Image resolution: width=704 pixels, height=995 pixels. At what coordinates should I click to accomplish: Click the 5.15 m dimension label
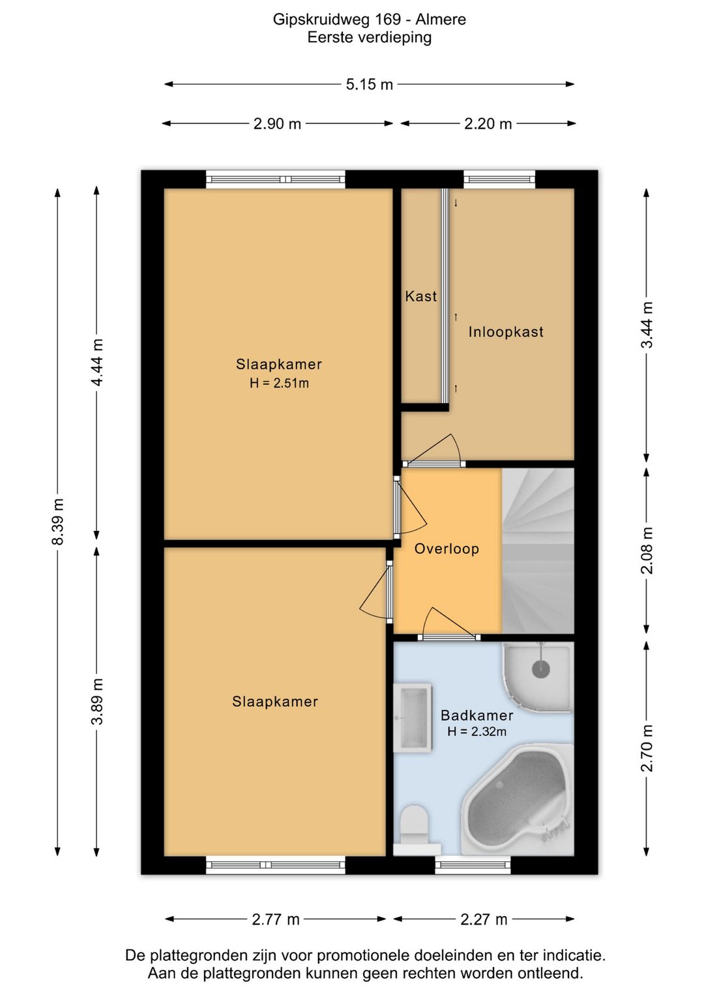click(x=369, y=84)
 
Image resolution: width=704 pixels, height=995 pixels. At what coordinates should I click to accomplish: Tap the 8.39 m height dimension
click(x=58, y=521)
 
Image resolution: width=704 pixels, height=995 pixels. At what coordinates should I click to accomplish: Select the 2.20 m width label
click(x=488, y=123)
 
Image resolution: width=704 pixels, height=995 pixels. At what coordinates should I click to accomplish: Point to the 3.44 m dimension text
click(x=647, y=325)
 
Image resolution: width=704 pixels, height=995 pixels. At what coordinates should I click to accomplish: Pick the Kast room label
click(x=420, y=296)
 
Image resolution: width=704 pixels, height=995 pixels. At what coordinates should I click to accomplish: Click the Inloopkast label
click(x=506, y=332)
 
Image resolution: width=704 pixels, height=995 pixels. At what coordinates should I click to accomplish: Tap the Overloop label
click(x=447, y=548)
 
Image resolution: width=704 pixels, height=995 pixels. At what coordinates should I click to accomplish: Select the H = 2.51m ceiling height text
click(x=279, y=383)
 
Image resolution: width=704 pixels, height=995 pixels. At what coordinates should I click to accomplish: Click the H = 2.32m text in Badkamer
click(x=477, y=731)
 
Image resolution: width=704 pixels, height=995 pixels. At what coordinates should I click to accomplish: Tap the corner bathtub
click(x=518, y=800)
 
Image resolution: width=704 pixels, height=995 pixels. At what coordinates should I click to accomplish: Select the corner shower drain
click(x=541, y=668)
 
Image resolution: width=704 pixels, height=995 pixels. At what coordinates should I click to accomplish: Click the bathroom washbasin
click(x=413, y=719)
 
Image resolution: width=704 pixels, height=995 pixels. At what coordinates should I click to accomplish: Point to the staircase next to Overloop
click(x=538, y=551)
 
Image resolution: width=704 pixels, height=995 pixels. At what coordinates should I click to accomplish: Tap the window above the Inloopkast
click(x=500, y=179)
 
